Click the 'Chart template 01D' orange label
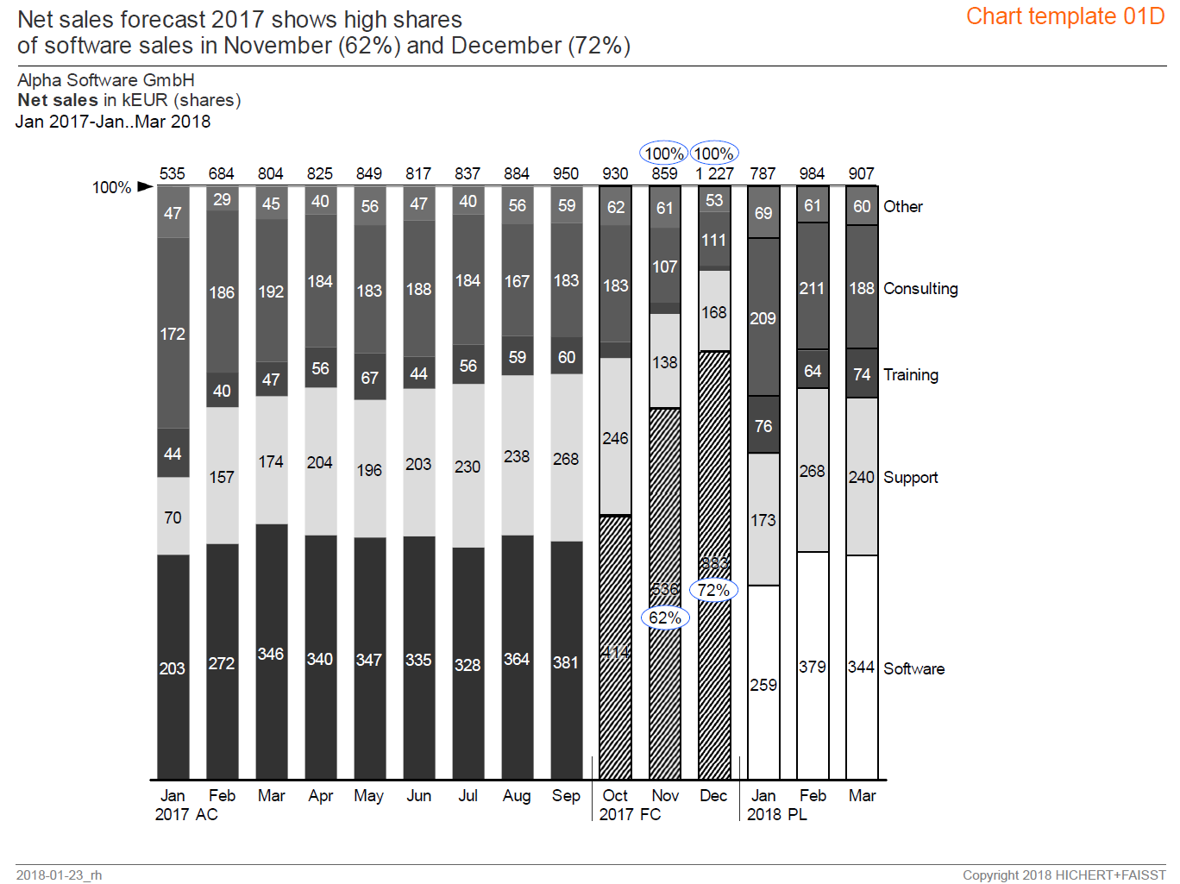coord(1064,16)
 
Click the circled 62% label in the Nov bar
coord(665,618)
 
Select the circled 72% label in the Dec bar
coord(714,590)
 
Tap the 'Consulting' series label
coord(920,288)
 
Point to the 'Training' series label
coord(910,374)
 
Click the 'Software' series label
coord(913,668)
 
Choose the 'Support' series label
coord(910,477)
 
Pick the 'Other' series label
coord(902,206)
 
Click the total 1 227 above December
coord(714,173)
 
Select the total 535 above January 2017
coord(173,173)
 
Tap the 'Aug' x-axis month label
coord(517,795)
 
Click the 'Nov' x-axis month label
coord(665,795)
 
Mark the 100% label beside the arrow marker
coord(111,187)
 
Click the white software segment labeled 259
coord(763,684)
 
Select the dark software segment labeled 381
coord(566,661)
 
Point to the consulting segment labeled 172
coord(173,333)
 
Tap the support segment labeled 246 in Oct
coord(615,437)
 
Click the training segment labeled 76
coord(763,425)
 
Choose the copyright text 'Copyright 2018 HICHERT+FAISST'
coord(1064,875)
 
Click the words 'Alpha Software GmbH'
coord(106,80)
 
